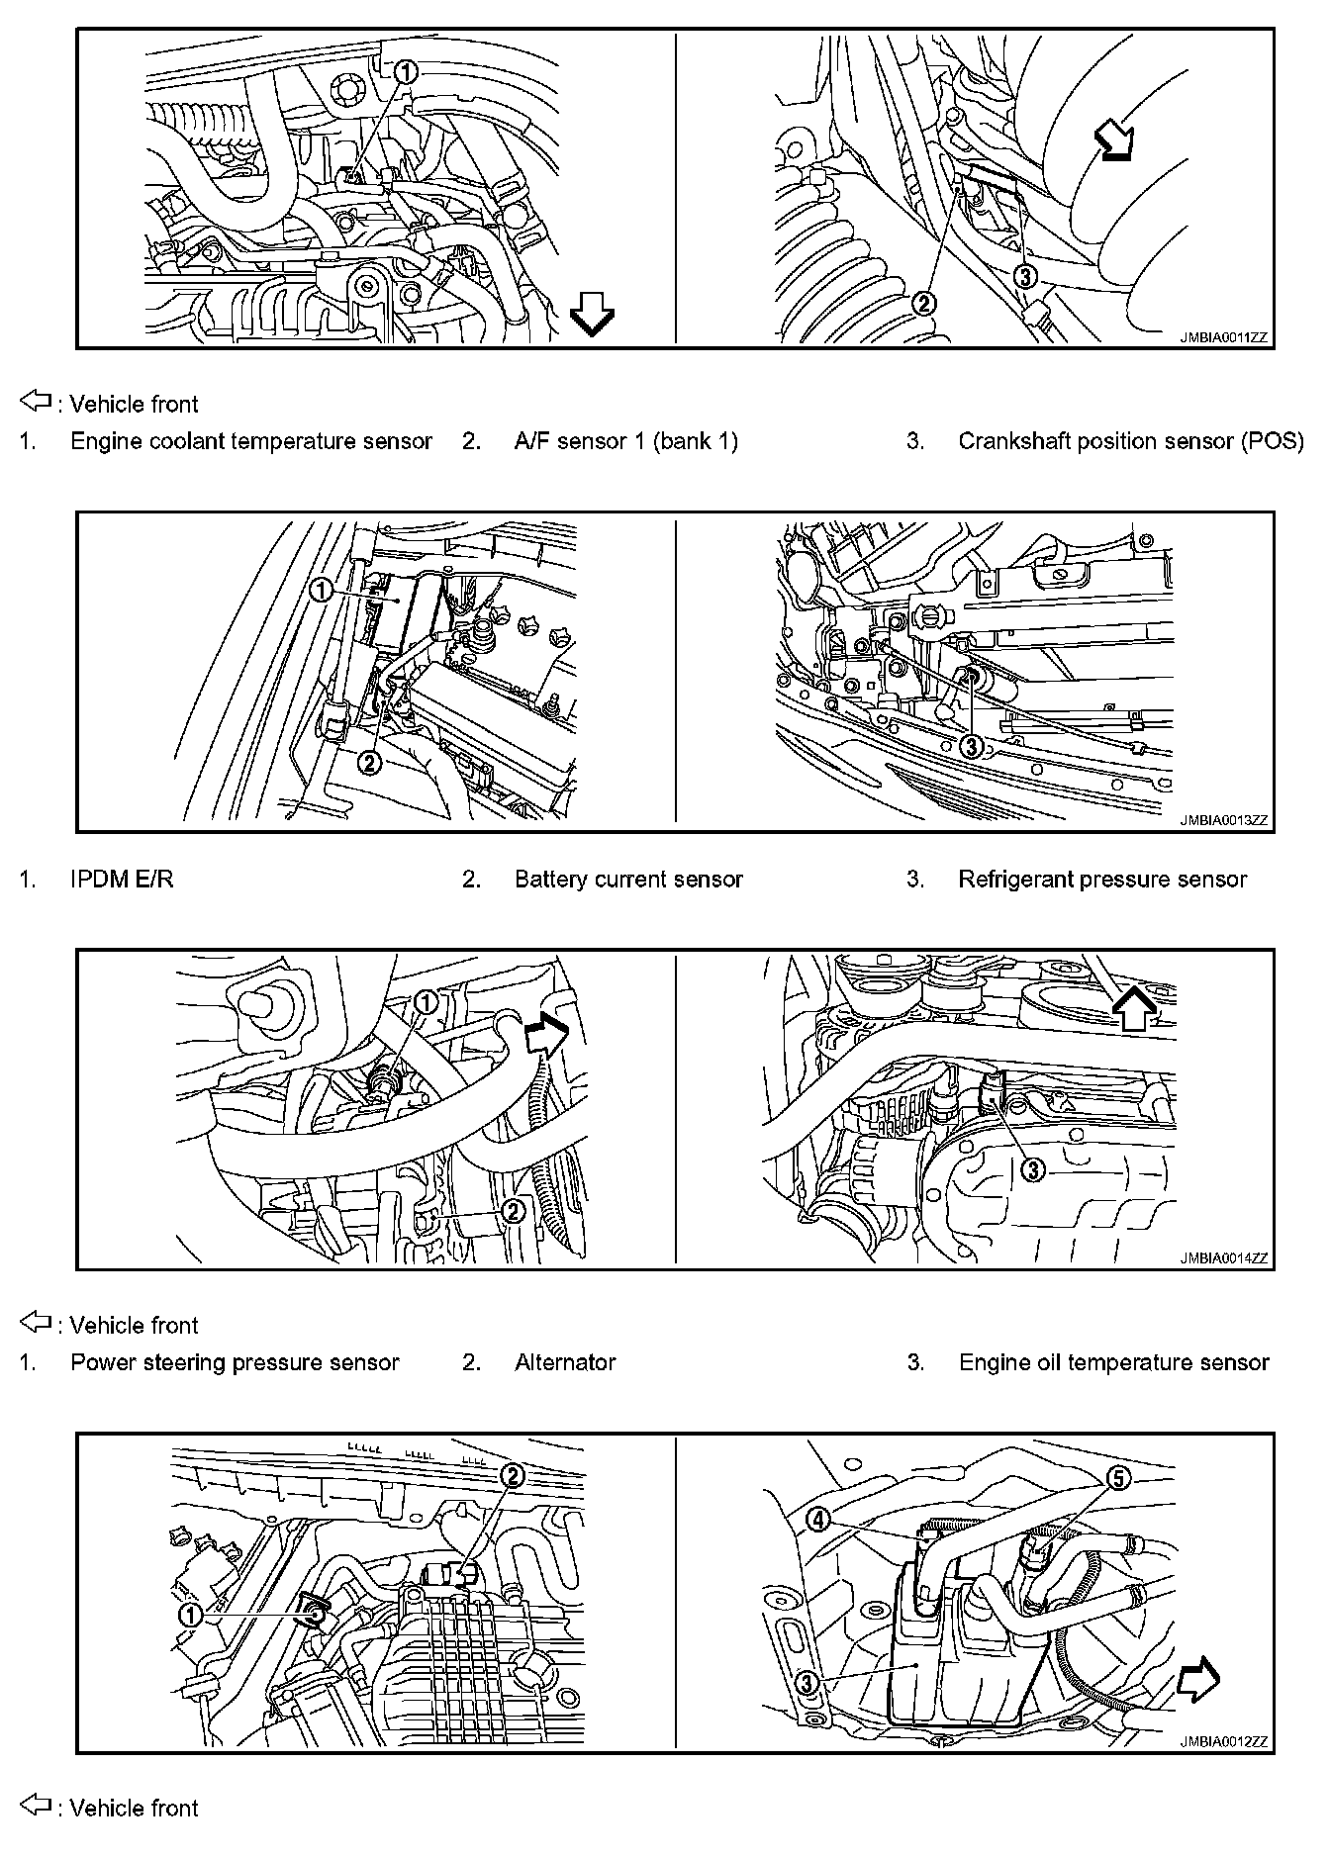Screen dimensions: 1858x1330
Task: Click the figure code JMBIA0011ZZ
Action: point(1222,337)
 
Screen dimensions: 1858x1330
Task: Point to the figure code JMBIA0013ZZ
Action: point(1222,820)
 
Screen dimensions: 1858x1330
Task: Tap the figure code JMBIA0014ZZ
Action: point(1222,1258)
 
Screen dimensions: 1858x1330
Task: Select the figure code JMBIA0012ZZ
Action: point(1222,1742)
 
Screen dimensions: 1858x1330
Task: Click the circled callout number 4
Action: point(819,1520)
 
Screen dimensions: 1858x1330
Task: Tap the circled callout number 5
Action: point(1116,1478)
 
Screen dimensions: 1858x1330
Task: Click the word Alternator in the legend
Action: point(565,1362)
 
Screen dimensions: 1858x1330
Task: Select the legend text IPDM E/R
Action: point(122,879)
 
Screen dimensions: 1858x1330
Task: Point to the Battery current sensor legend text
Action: point(628,879)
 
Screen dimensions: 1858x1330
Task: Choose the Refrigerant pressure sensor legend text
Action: point(1102,879)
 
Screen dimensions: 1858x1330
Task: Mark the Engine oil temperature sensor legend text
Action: point(1113,1362)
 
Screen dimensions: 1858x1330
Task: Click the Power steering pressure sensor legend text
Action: point(235,1362)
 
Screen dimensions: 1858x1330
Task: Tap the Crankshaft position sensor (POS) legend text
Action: point(1130,441)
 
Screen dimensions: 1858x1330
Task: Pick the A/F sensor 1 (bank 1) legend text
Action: point(626,441)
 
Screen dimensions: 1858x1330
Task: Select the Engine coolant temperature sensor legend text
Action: point(251,441)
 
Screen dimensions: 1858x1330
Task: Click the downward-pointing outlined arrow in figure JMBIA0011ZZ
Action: point(592,318)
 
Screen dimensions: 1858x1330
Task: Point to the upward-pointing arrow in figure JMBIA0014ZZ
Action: point(1135,1009)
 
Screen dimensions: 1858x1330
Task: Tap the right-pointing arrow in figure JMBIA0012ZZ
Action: point(1198,1681)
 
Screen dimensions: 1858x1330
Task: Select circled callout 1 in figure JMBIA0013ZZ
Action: point(322,591)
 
